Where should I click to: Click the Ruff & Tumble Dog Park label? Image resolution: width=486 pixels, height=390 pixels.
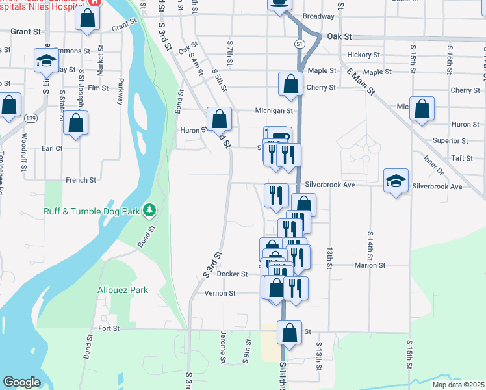[x=92, y=211]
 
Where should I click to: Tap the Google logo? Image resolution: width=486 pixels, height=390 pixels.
[x=22, y=382]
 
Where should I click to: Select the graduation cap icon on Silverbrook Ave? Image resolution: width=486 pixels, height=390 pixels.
[x=396, y=181]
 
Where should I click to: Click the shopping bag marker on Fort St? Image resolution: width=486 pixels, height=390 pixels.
[x=290, y=332]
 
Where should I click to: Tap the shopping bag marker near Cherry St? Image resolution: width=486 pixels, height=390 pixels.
[x=290, y=83]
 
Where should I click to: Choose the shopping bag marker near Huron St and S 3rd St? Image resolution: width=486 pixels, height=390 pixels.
[x=219, y=118]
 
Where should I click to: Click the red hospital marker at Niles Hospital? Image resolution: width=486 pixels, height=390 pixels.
[x=95, y=2]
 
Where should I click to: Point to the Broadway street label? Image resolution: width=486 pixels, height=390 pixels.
[x=318, y=16]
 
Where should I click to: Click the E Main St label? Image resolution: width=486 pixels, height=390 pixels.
[x=361, y=81]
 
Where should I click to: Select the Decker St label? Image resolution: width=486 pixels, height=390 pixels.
[x=233, y=274]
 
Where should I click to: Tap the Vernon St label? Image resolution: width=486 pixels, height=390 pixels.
[x=220, y=293]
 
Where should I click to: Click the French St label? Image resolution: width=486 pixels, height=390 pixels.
[x=81, y=179]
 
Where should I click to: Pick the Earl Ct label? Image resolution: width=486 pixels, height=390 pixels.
[x=51, y=148]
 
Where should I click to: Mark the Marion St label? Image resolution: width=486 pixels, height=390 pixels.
[x=370, y=265]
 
